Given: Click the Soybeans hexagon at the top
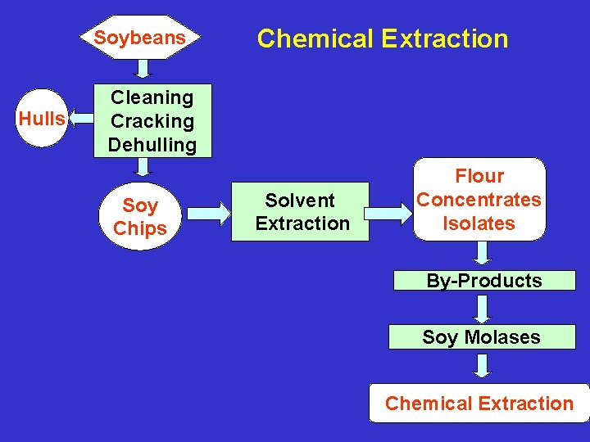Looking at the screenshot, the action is tap(139, 38).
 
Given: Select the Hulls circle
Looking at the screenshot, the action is tap(42, 119).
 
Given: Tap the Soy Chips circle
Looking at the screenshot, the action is tap(139, 217).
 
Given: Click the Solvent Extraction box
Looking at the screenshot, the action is tap(301, 212).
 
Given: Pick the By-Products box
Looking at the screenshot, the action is tap(483, 281).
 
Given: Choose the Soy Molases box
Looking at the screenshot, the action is tap(482, 337).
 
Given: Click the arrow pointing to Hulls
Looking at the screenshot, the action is tap(81, 120).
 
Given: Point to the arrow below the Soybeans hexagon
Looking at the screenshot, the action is tap(142, 70).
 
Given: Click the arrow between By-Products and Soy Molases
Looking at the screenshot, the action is tap(483, 309).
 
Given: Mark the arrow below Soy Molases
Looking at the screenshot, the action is tap(483, 365).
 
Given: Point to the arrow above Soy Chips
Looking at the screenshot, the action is tap(143, 167).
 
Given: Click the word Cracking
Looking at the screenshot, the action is tap(152, 121).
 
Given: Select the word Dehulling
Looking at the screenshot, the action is tap(152, 145).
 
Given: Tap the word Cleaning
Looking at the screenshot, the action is tap(152, 97).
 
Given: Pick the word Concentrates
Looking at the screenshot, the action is tap(479, 200).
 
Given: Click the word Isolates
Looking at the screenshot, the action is tap(479, 223).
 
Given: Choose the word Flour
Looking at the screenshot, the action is tap(479, 176).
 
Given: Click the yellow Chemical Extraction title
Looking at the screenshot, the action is tap(382, 38).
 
